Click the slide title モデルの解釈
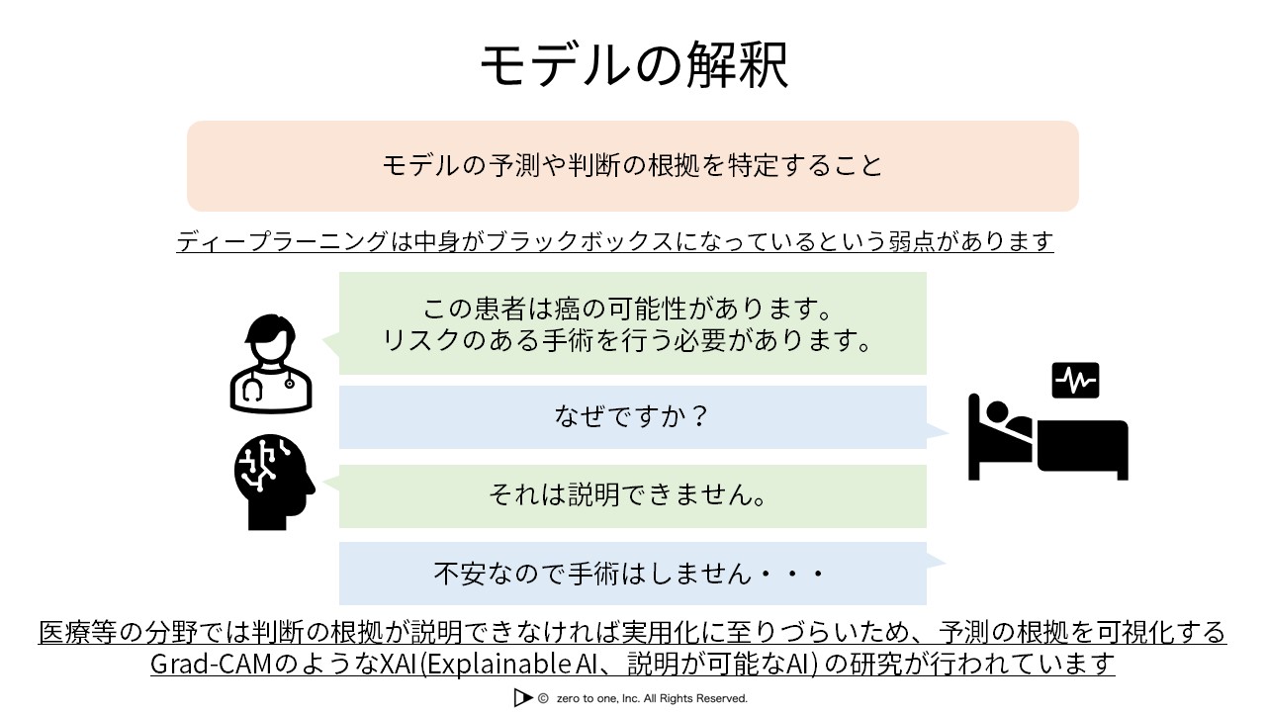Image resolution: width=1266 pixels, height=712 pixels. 634,65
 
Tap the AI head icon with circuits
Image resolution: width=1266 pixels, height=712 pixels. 274,482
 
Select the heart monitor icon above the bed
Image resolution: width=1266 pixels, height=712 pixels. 1075,381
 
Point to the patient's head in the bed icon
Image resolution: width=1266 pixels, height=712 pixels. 996,410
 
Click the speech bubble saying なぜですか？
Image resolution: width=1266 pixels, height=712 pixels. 632,417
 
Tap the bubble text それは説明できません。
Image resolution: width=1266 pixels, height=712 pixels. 628,495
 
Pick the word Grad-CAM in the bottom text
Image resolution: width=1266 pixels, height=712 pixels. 212,664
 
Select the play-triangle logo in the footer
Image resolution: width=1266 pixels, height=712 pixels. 523,698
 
